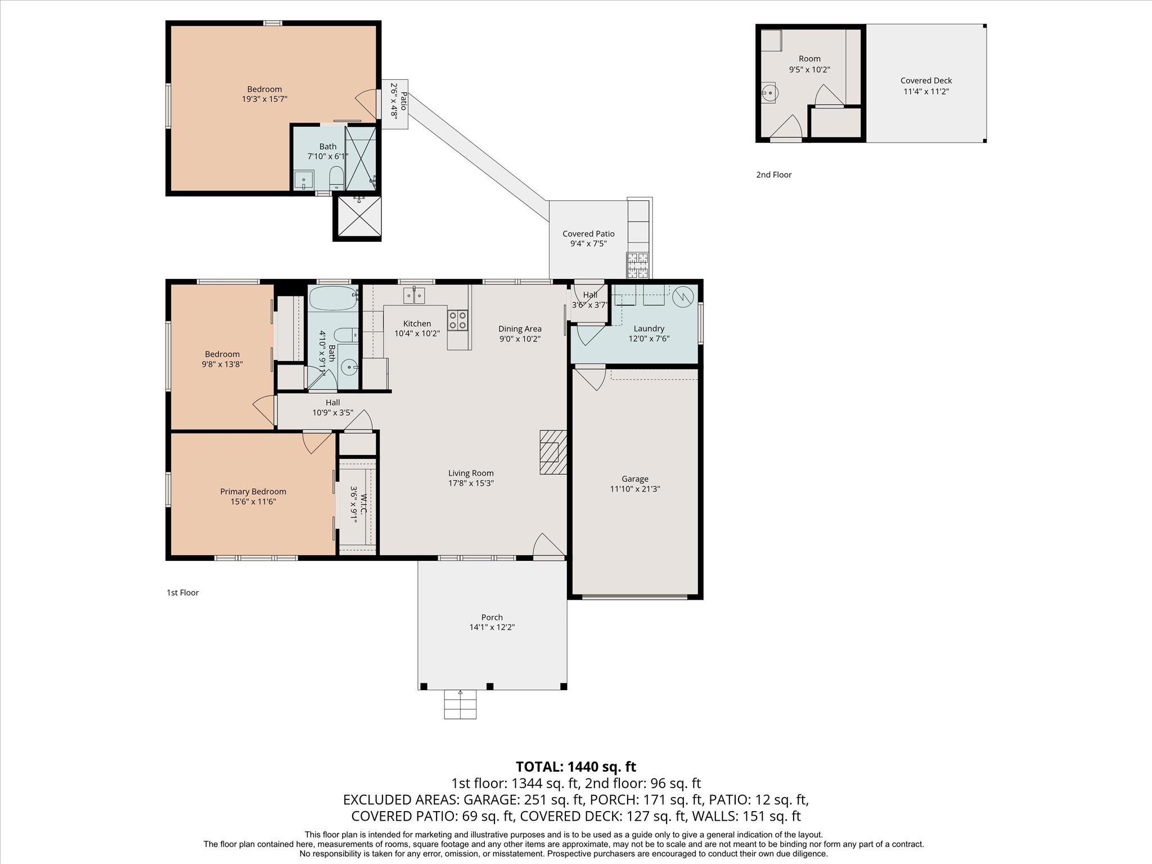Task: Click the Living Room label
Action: [x=471, y=473]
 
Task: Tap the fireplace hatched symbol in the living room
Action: [x=552, y=452]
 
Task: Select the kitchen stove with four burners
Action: [x=457, y=320]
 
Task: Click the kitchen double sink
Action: [x=415, y=295]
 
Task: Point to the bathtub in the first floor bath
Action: [x=332, y=298]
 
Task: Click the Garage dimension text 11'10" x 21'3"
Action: [x=634, y=489]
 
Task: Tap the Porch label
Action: [x=492, y=617]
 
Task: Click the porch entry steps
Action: [x=460, y=705]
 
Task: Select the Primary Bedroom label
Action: [x=253, y=492]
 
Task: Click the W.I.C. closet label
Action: [x=363, y=504]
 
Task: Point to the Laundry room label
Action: [x=649, y=328]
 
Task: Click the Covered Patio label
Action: [x=588, y=233]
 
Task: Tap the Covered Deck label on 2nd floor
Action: [x=926, y=80]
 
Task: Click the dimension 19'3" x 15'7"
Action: [x=264, y=99]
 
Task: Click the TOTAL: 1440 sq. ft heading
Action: [x=575, y=766]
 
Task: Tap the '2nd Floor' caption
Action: [x=773, y=174]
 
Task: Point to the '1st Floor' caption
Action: [x=182, y=592]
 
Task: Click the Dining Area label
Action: [x=520, y=328]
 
